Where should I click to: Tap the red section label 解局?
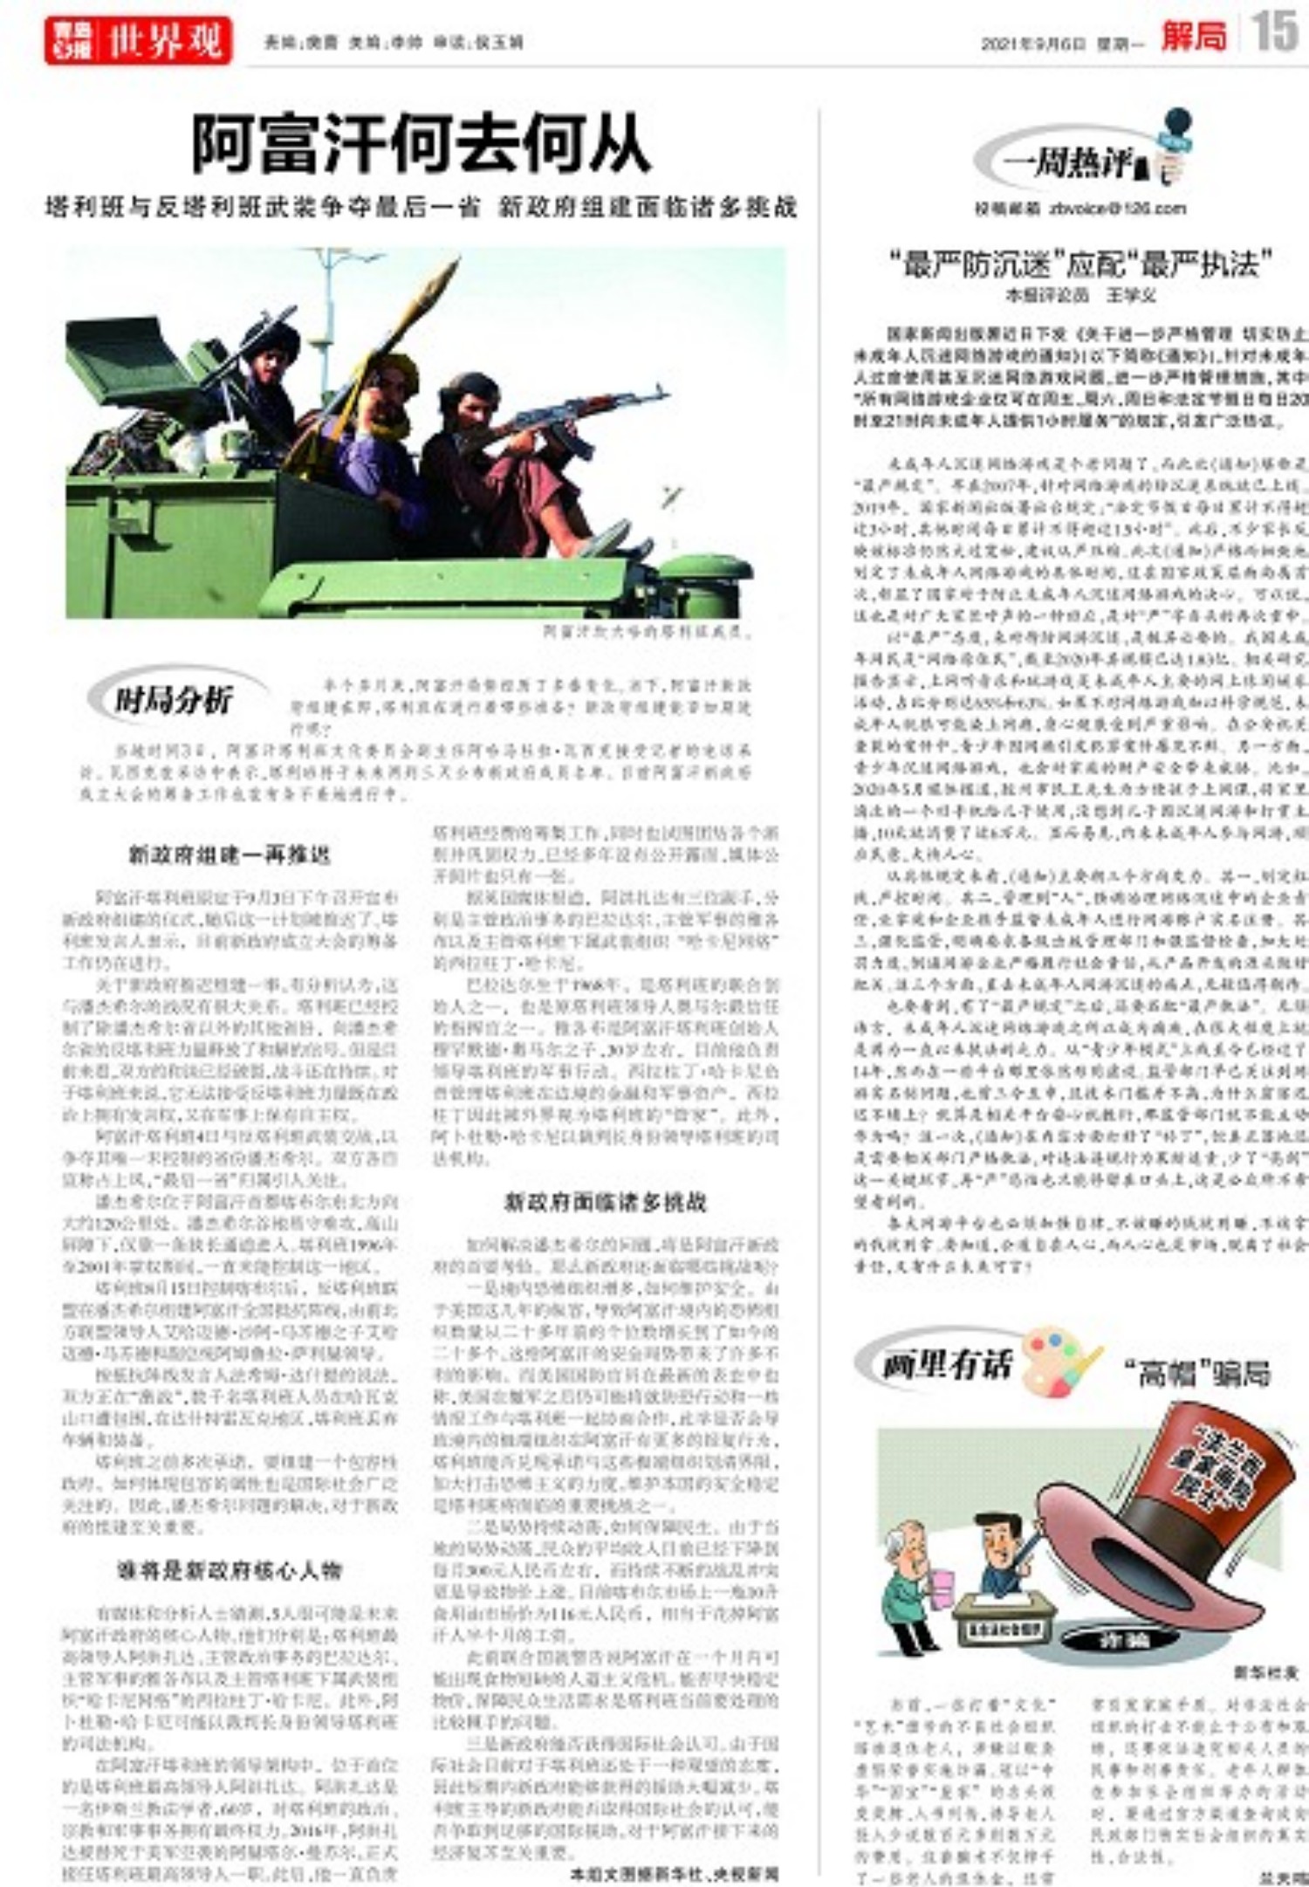[1193, 37]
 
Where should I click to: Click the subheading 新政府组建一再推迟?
[230, 854]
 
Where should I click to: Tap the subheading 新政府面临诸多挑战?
[605, 1202]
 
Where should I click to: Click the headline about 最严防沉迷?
[1080, 263]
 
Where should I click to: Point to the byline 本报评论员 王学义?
[1081, 295]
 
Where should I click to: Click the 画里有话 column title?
[946, 1365]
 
